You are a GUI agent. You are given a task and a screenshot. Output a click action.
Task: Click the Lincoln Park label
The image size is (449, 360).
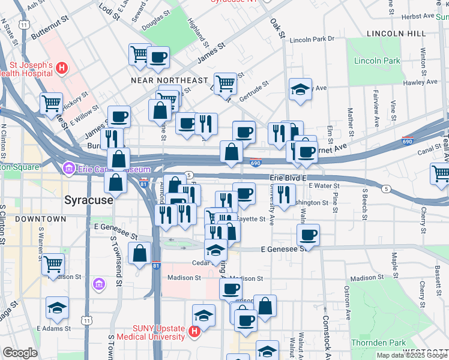click(377, 61)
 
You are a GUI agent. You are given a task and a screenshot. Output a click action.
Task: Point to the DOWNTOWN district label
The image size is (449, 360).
click(40, 219)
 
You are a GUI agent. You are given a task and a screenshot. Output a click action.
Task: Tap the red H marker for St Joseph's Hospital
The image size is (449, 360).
click(61, 70)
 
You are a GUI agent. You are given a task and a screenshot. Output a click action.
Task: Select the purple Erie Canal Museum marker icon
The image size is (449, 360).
click(68, 170)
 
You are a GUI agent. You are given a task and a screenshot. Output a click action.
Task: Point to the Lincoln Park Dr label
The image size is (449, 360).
click(312, 40)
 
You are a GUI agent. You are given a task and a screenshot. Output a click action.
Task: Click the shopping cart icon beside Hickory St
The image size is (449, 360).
click(52, 103)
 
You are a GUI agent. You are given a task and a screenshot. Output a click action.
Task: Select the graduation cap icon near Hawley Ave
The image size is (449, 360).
click(300, 89)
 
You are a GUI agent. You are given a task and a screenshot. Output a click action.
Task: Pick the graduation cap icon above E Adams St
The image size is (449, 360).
click(57, 308)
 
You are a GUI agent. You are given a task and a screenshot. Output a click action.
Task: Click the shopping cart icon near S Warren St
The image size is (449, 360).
click(53, 263)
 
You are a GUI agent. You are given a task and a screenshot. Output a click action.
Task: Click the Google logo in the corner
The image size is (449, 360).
click(20, 352)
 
